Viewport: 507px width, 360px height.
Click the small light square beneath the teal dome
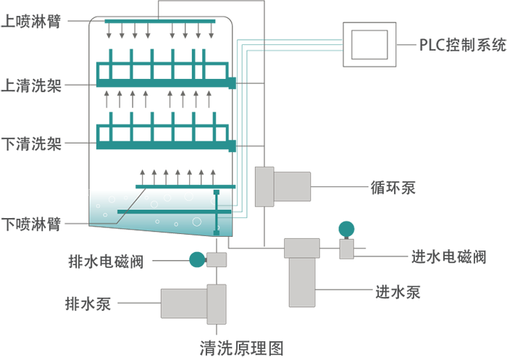tap(347, 248)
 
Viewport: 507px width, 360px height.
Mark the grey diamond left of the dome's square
tap(330, 248)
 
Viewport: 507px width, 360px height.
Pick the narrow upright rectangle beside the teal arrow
tap(264, 186)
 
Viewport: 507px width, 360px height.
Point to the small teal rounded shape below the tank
tap(193, 260)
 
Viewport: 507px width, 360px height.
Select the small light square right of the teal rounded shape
tap(216, 260)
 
